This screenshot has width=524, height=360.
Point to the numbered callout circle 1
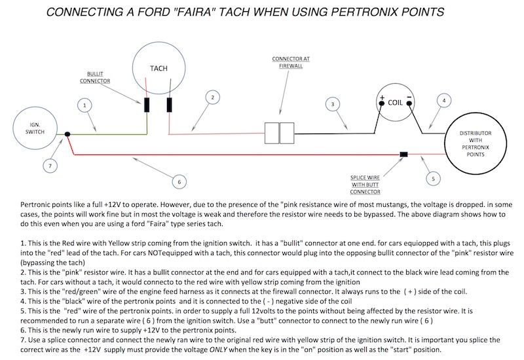(83, 104)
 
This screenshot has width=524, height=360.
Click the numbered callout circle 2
(211, 98)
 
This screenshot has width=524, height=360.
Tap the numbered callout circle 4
(444, 101)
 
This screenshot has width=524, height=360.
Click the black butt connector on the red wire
(404, 154)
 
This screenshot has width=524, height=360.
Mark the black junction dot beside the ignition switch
(68, 135)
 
